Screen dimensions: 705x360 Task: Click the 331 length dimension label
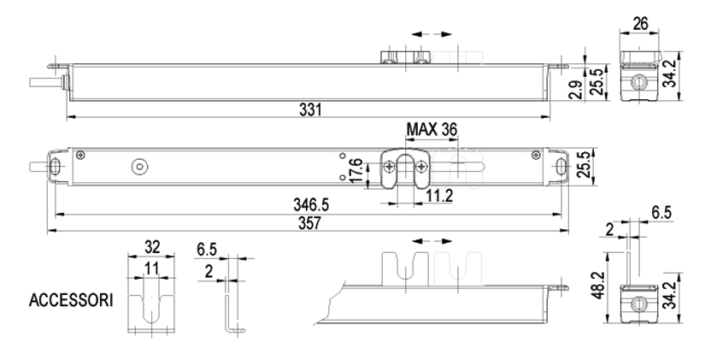(x=311, y=109)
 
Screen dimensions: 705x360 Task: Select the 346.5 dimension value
(x=311, y=204)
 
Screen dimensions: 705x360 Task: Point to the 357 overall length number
(x=310, y=223)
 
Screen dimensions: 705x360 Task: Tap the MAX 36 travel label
(x=432, y=130)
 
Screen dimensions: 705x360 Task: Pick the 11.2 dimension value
(x=439, y=196)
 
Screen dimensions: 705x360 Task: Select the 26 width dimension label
(x=640, y=23)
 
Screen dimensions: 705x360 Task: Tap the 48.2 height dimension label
(x=598, y=286)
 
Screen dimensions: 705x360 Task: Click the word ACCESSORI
(x=71, y=300)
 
